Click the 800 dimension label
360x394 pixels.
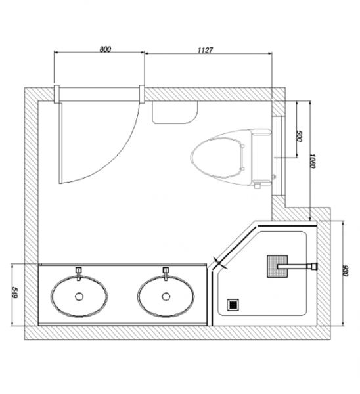[x=105, y=49]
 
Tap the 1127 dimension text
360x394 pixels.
[x=205, y=50]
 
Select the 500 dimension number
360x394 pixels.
[x=299, y=136]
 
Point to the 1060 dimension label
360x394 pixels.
[x=312, y=161]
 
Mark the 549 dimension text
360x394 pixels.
[x=14, y=293]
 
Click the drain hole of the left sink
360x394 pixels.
[x=79, y=297]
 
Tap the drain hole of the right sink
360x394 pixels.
[x=166, y=297]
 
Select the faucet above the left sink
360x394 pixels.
[x=79, y=274]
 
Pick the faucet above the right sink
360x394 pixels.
[x=166, y=274]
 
